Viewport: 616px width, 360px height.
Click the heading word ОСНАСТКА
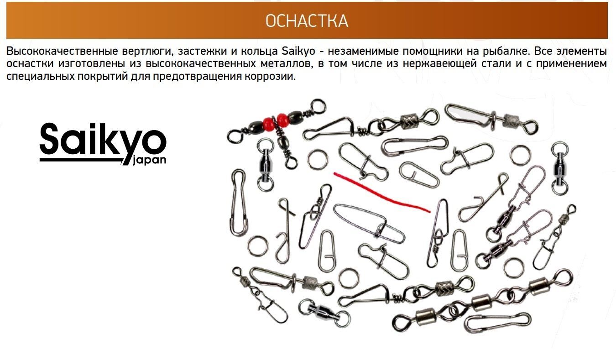coord(307,21)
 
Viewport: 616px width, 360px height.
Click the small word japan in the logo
coord(149,160)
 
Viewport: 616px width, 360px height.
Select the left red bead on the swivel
coord(269,124)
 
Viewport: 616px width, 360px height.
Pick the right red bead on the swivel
coord(283,120)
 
